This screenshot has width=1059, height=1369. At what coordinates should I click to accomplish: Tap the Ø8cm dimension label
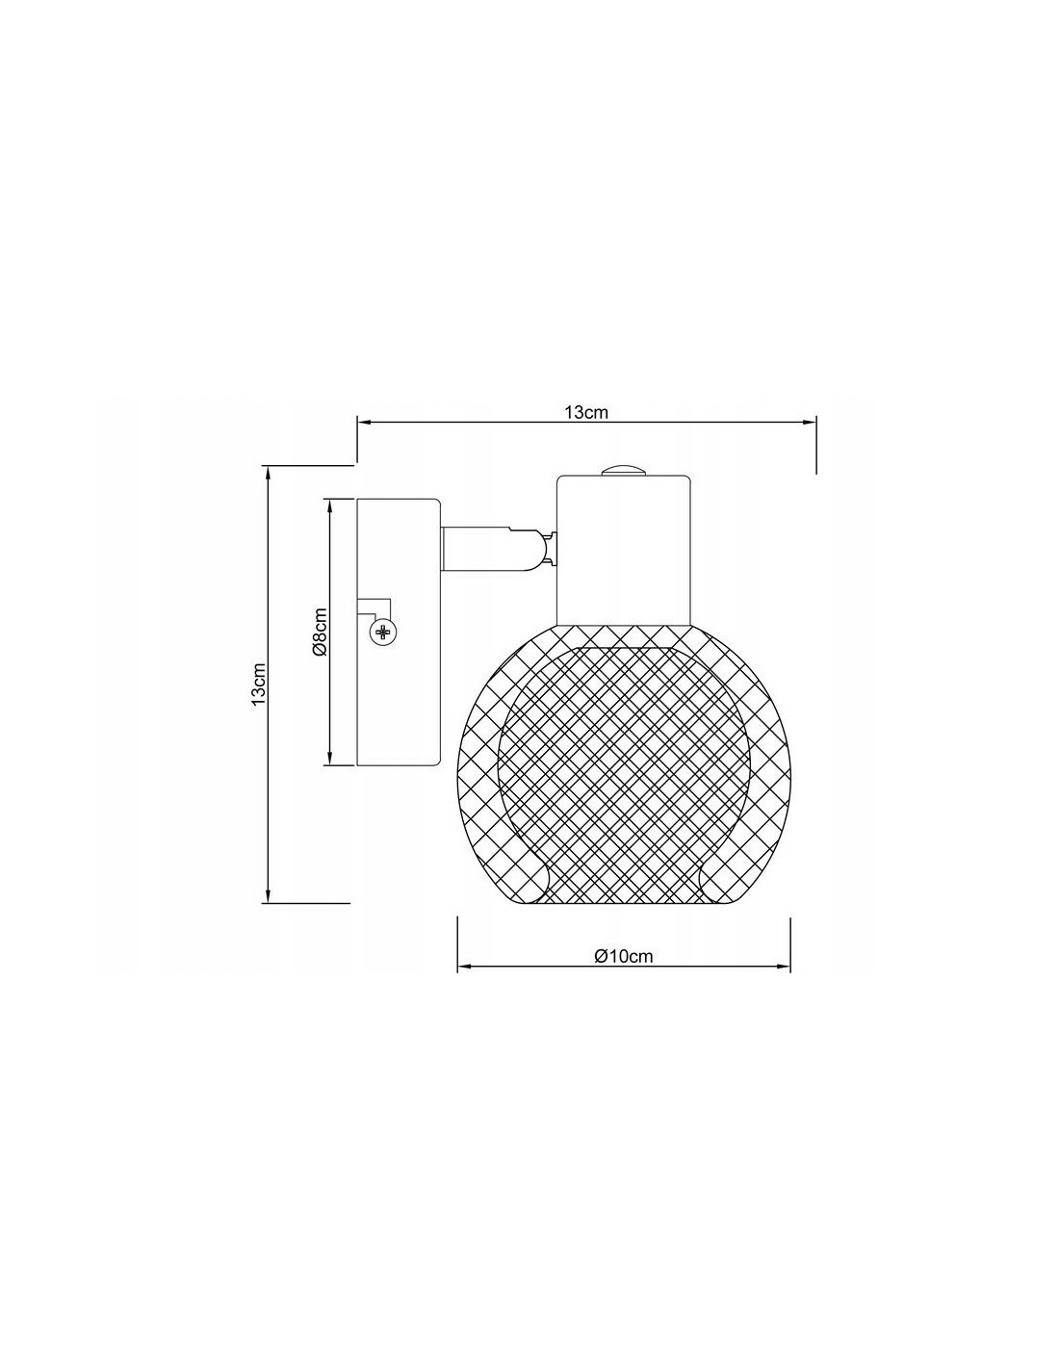click(x=320, y=632)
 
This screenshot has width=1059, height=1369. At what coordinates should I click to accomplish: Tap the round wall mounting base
click(x=399, y=632)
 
